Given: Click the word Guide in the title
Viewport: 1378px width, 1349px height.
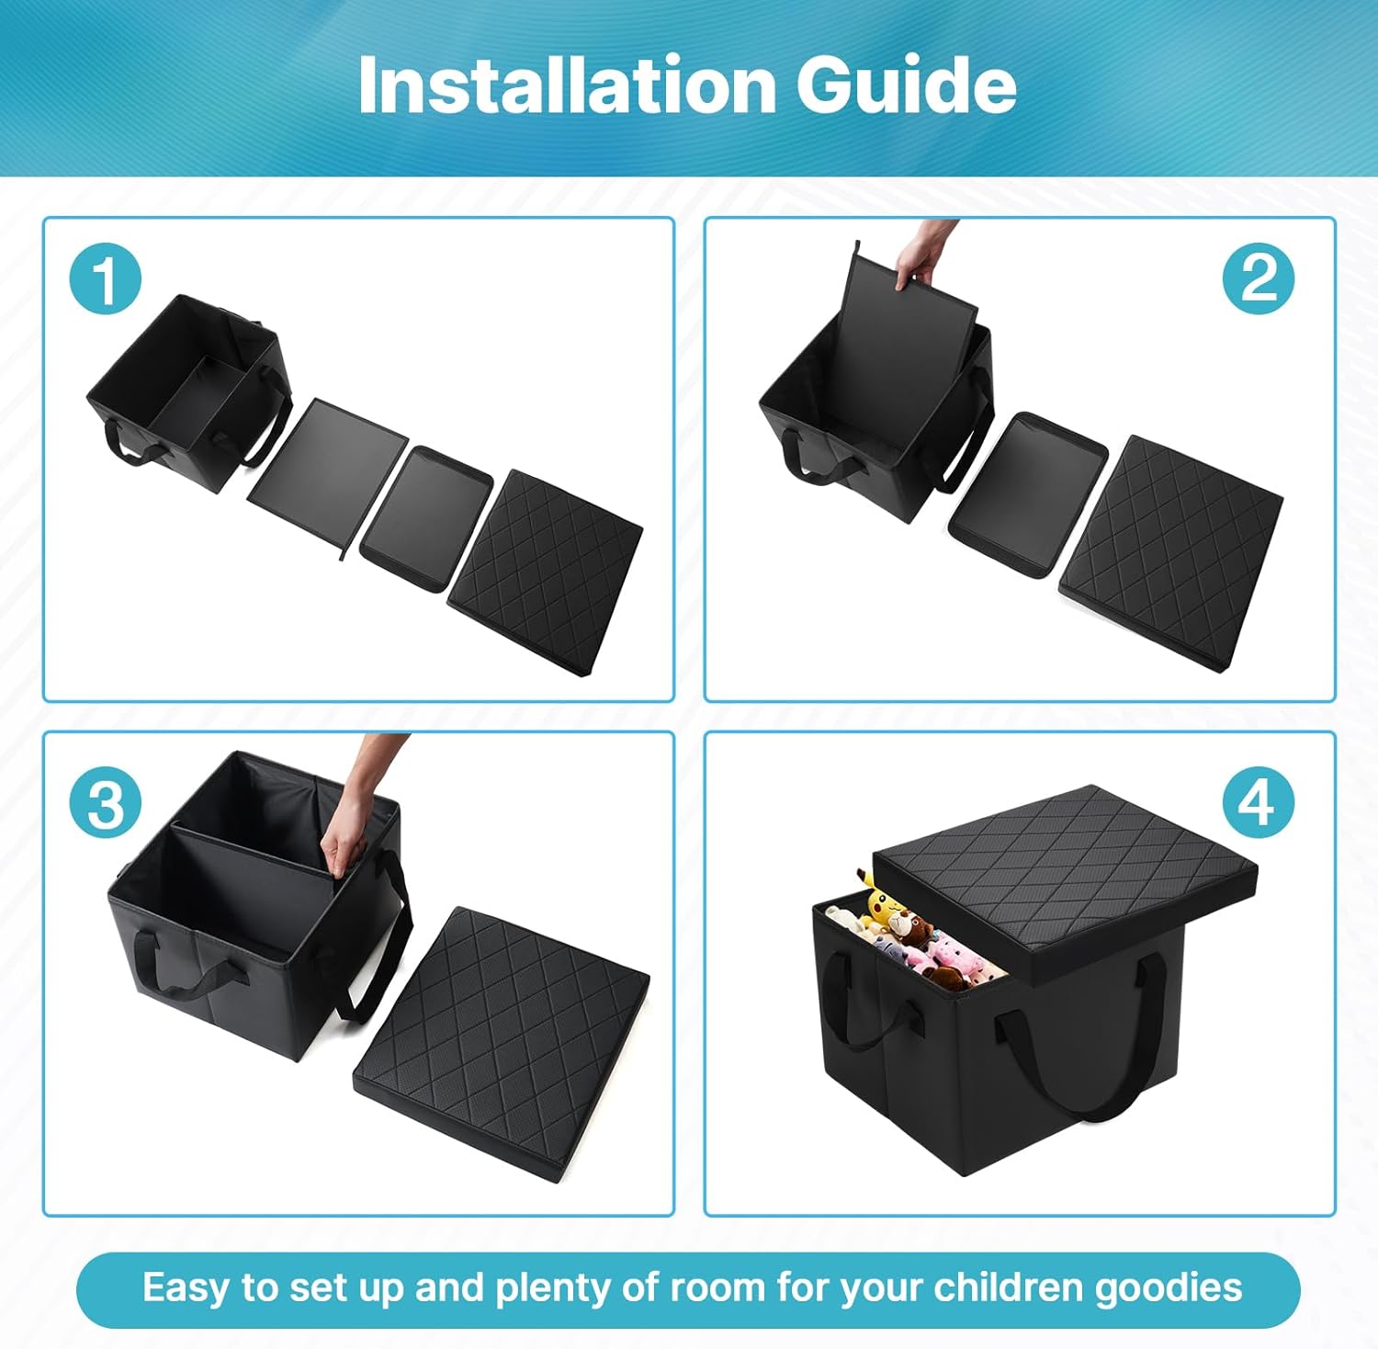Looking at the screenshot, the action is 907,85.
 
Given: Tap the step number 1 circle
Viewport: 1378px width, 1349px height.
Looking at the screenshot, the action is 106,279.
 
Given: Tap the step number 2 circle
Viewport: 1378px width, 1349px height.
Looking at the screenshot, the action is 1259,279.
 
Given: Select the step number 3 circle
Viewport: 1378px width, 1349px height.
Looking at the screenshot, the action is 106,802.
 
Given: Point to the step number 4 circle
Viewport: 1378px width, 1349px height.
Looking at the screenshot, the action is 1259,802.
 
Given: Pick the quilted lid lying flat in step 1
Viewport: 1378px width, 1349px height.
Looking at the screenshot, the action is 545,572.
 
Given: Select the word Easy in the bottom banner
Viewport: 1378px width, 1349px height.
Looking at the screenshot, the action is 186,1288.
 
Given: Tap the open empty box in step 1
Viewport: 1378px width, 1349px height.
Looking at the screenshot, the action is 188,393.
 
